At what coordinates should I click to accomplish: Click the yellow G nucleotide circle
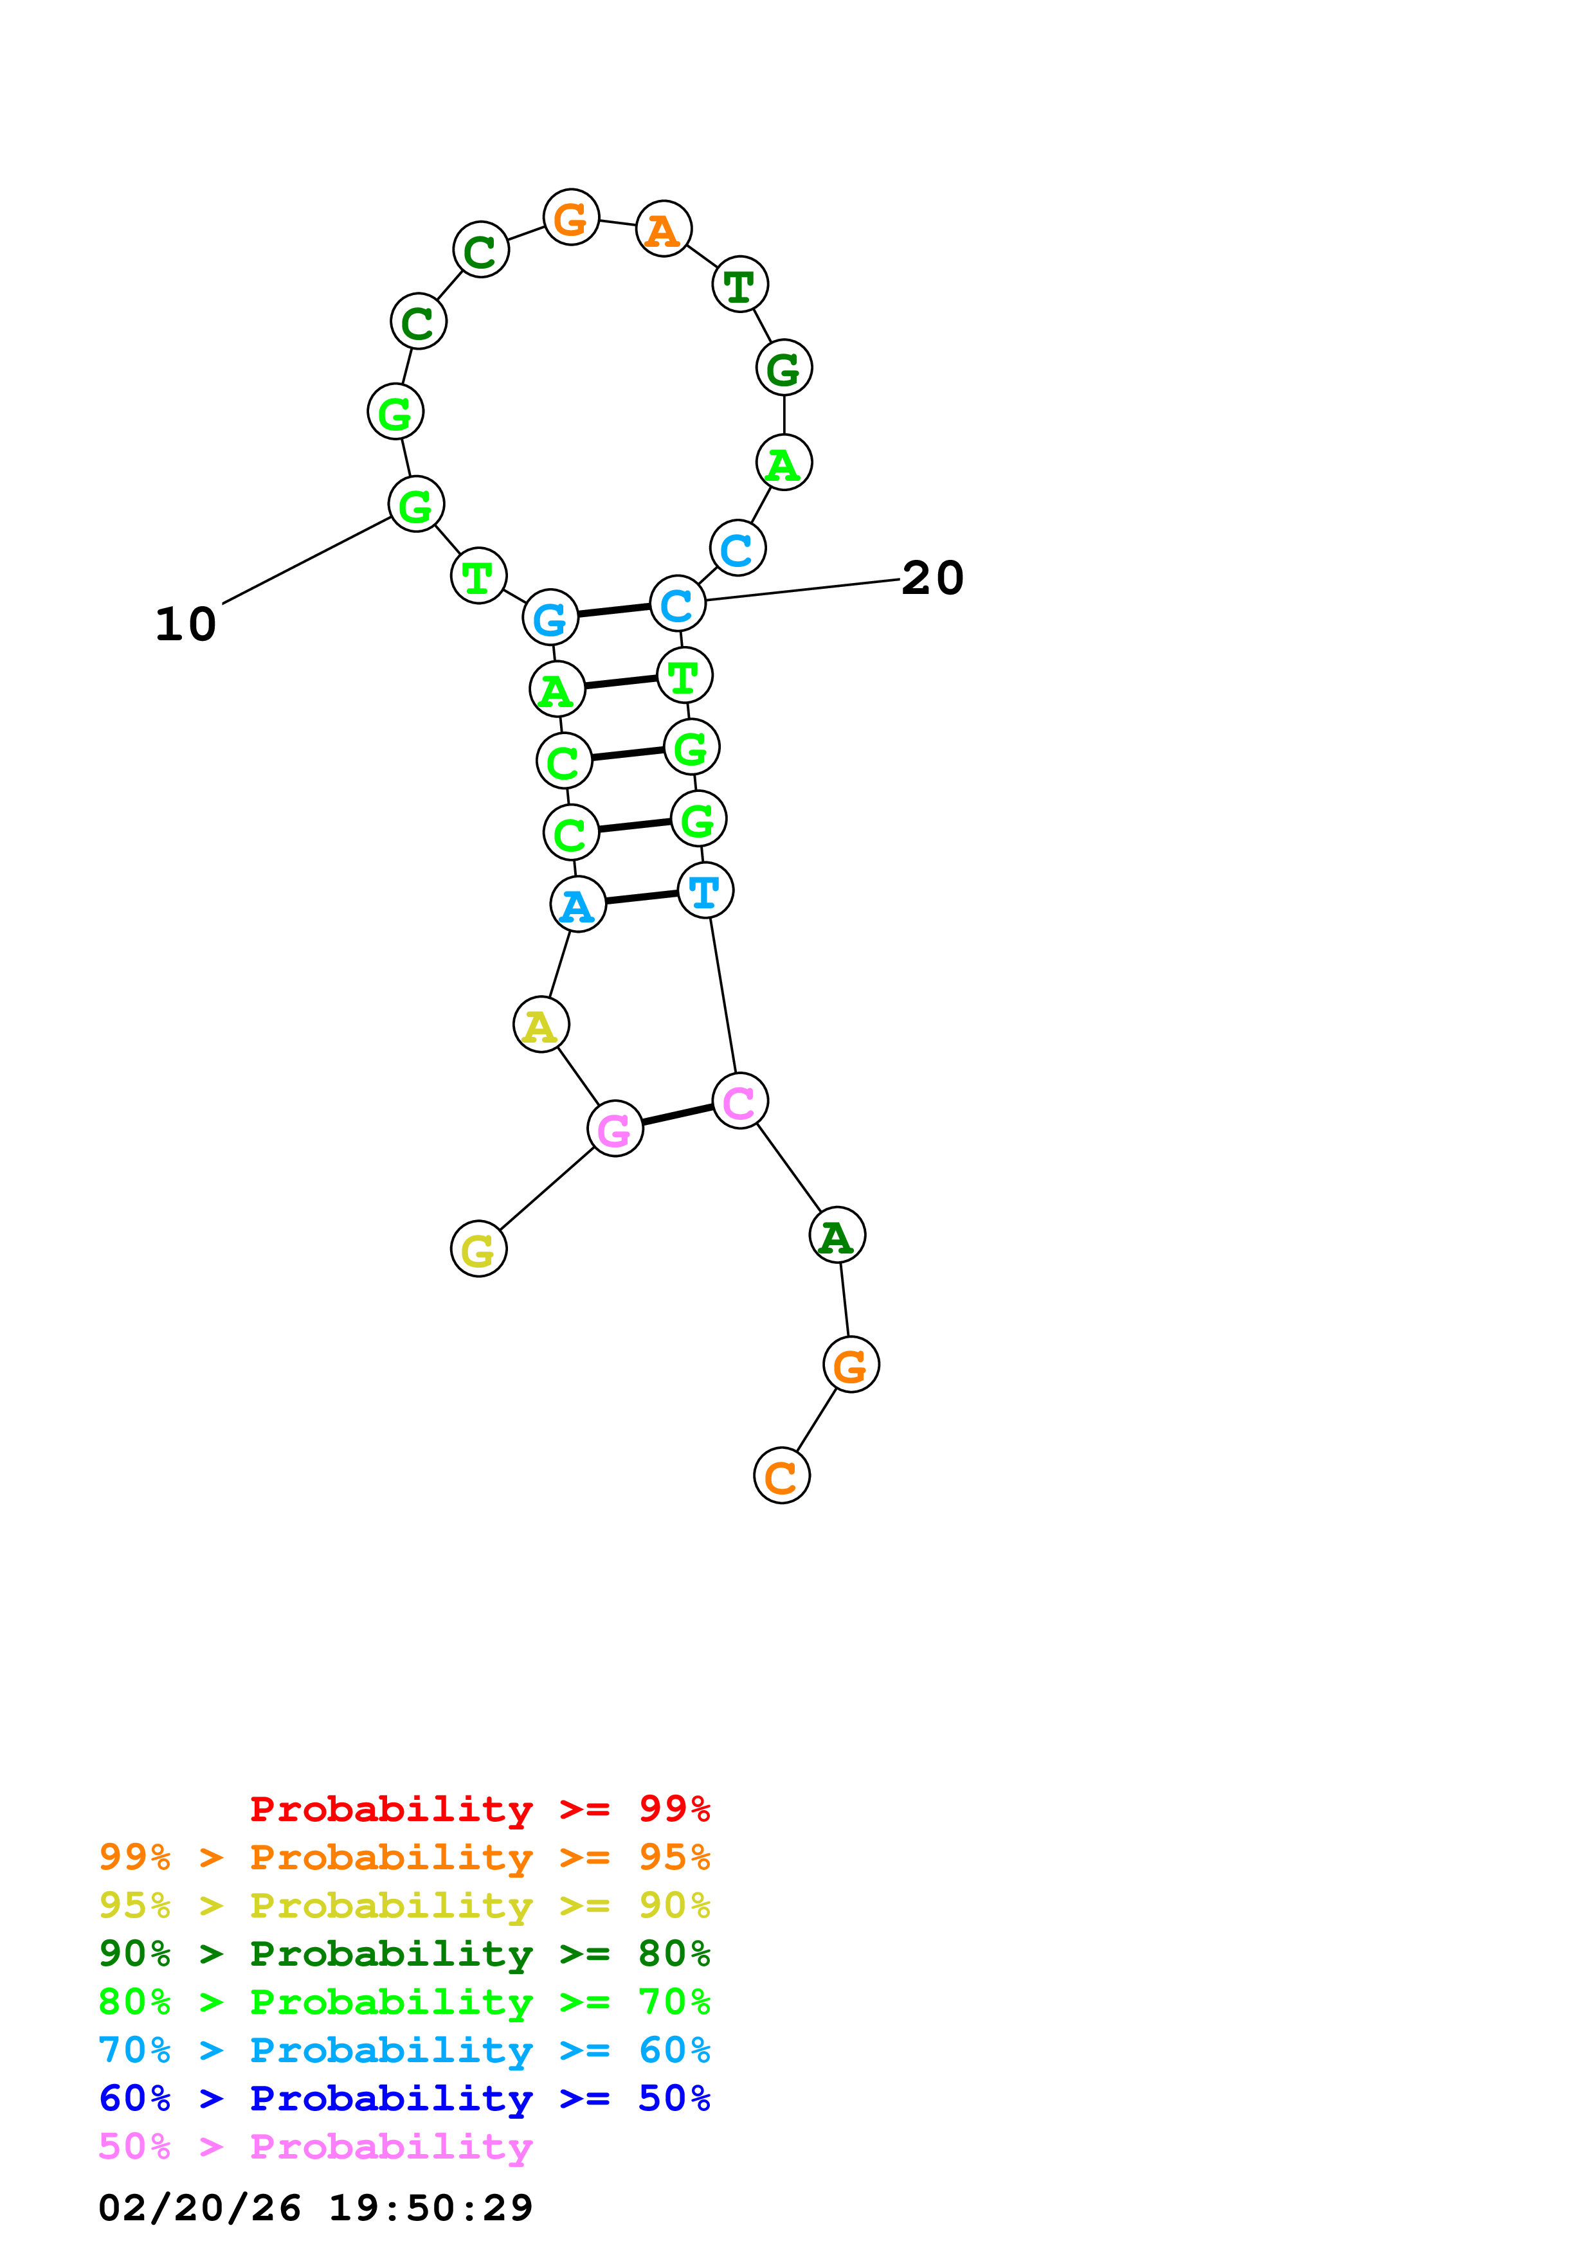tap(478, 1248)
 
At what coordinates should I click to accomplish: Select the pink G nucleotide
tap(615, 1129)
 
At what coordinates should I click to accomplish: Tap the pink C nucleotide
tap(739, 1101)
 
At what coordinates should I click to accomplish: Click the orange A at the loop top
tap(664, 229)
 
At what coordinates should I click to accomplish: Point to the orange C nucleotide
tap(782, 1475)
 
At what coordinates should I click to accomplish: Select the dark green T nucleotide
tap(739, 284)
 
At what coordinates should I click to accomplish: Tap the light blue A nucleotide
tap(577, 904)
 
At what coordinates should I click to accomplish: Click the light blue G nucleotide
tap(550, 618)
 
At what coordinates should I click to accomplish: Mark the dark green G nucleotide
tap(784, 367)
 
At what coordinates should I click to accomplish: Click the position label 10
tap(186, 625)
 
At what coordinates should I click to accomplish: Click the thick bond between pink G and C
tap(678, 1115)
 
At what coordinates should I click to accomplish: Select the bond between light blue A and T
tap(641, 897)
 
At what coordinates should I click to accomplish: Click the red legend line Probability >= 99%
tap(479, 1809)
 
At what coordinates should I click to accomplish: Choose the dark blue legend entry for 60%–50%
tap(404, 2098)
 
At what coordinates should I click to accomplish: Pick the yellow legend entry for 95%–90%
tap(404, 1905)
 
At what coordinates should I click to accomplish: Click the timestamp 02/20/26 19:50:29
tap(315, 2207)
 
